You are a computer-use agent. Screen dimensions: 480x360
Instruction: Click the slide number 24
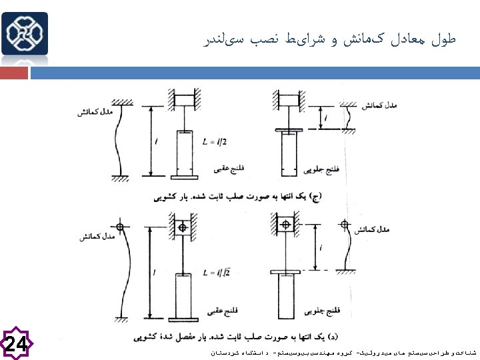(x=17, y=344)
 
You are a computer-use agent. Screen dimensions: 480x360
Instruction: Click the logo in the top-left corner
(x=25, y=33)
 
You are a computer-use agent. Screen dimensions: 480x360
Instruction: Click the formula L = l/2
(x=215, y=142)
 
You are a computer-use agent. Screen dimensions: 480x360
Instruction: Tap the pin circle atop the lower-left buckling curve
(x=119, y=227)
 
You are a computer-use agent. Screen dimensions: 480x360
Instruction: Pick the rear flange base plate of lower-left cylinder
(x=184, y=323)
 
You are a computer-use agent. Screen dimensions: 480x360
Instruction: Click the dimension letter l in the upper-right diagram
(x=325, y=119)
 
